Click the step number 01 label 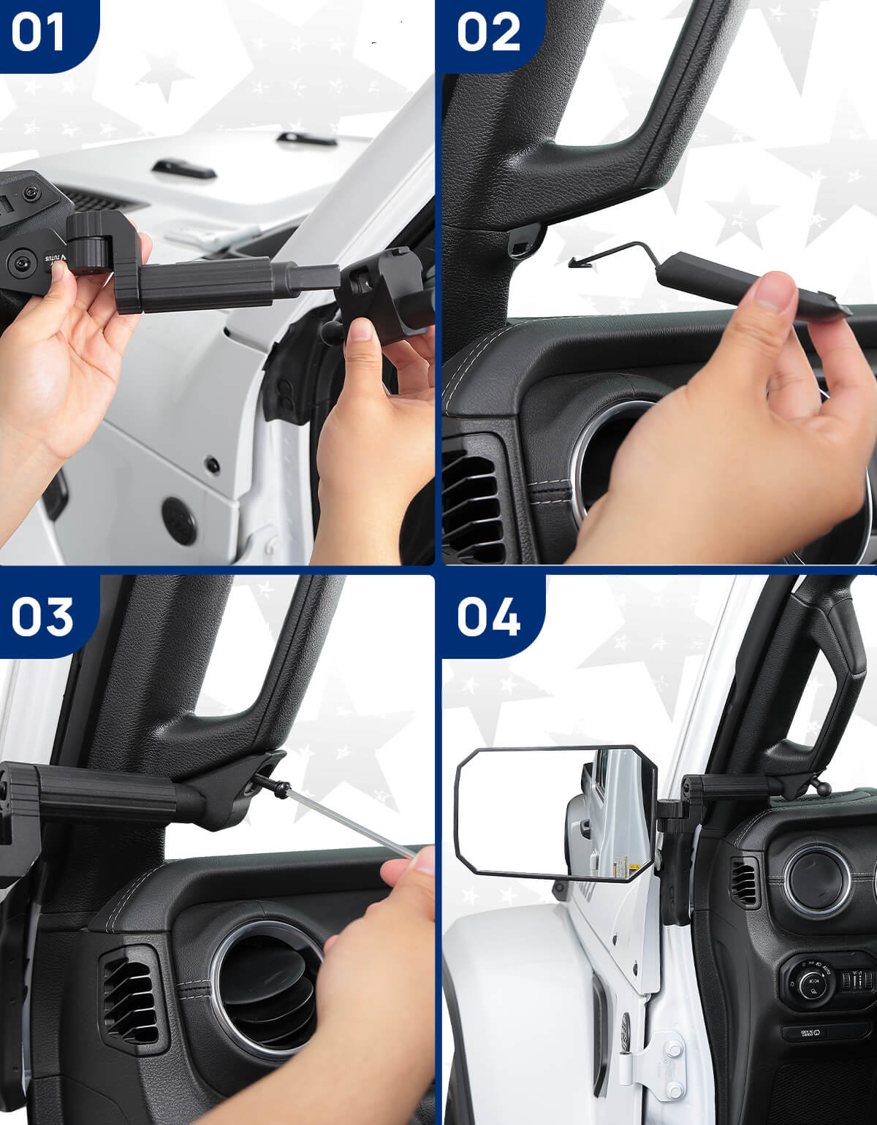coord(38,32)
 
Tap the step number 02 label coord(488,32)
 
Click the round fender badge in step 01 coord(178,521)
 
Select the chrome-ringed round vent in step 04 coord(816,880)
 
